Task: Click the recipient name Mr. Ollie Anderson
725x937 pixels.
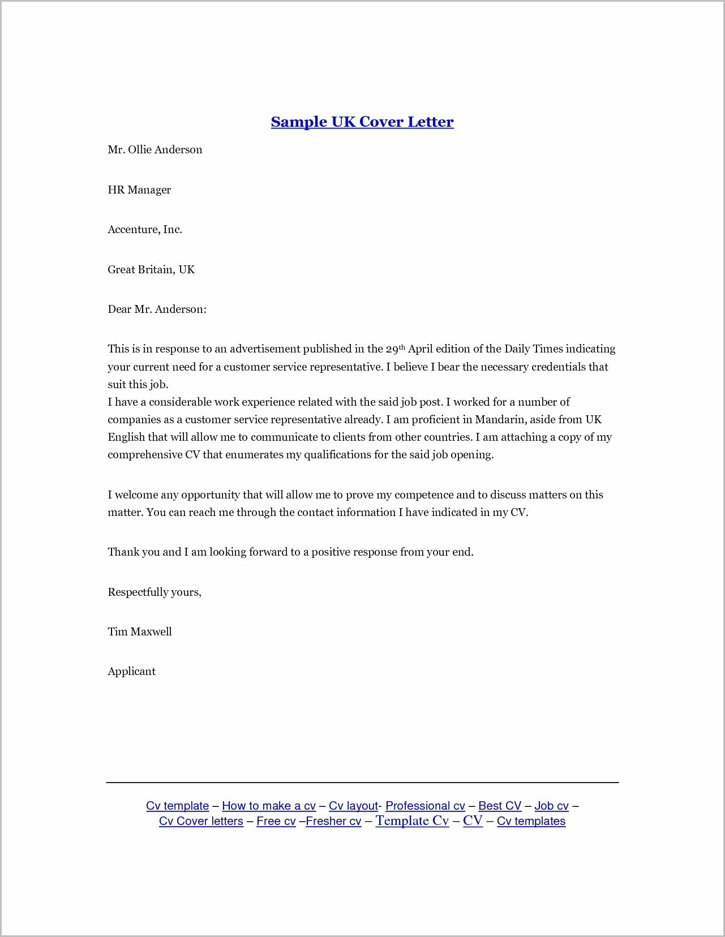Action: click(155, 149)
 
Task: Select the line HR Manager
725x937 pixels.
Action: click(139, 190)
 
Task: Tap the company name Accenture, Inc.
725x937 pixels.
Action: click(145, 229)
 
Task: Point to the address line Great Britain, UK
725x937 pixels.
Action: click(151, 269)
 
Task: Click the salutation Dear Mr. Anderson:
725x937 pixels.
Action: click(157, 309)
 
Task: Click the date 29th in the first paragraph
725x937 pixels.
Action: click(395, 349)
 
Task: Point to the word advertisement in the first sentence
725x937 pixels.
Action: click(264, 349)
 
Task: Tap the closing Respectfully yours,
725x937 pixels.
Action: click(155, 592)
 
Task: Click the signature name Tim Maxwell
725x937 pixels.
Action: click(140, 631)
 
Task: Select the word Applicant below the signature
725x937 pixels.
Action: click(131, 671)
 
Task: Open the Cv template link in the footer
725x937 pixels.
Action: click(177, 806)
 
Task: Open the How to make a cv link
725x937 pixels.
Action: click(268, 806)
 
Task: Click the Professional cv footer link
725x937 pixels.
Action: click(425, 806)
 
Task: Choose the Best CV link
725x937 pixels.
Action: click(499, 806)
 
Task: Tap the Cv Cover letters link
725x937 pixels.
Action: click(201, 821)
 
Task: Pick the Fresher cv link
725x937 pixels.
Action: click(333, 821)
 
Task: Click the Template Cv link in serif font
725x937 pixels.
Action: click(412, 820)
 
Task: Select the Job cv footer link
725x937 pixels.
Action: click(551, 806)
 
